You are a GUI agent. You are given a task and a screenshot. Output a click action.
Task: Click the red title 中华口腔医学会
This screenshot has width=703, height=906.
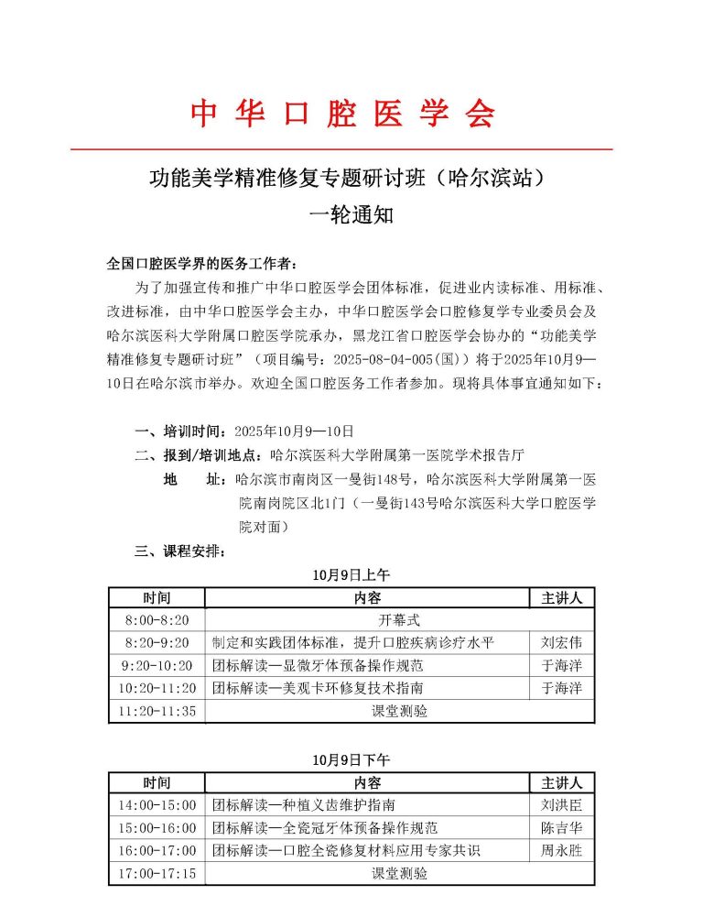(x=342, y=113)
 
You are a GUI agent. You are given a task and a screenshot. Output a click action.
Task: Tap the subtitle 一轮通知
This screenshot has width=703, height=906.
(x=351, y=215)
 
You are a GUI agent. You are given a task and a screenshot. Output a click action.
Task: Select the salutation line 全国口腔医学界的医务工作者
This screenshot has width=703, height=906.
(x=201, y=264)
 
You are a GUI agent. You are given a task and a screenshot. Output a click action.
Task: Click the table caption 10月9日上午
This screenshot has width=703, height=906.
(x=351, y=575)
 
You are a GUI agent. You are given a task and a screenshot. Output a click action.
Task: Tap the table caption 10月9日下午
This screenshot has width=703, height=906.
(x=351, y=760)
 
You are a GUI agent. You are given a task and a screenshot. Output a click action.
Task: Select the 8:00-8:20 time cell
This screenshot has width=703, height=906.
(x=157, y=620)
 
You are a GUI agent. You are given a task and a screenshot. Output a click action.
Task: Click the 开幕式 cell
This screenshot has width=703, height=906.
(x=399, y=620)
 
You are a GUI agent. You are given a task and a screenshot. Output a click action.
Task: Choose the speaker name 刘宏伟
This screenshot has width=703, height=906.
(x=562, y=643)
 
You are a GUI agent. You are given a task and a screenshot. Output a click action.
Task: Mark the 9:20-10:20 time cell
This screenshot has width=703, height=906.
(x=157, y=666)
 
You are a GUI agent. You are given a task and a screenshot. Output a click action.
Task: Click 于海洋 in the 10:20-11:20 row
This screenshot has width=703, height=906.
(x=562, y=688)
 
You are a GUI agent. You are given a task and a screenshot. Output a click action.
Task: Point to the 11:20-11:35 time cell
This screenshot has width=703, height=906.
(x=157, y=711)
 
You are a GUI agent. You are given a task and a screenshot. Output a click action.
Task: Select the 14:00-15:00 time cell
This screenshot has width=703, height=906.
(x=157, y=805)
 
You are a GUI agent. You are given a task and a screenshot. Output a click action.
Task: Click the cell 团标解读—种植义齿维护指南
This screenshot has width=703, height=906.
(x=305, y=805)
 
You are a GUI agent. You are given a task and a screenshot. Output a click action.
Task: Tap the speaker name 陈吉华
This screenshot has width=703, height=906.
(x=562, y=828)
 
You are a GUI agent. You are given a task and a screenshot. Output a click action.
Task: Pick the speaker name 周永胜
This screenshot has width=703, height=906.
(x=562, y=851)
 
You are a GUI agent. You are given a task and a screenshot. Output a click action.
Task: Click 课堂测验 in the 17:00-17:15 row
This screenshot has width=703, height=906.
(x=399, y=874)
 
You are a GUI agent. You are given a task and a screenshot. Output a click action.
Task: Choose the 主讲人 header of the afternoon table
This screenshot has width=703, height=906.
(x=562, y=783)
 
